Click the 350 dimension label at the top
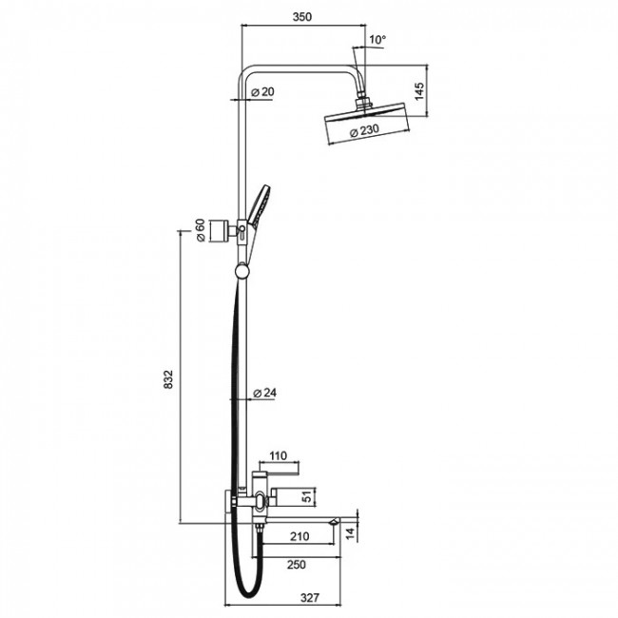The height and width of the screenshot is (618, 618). [302, 16]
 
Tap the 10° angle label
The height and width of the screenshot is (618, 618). [377, 39]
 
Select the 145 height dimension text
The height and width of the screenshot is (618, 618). [419, 90]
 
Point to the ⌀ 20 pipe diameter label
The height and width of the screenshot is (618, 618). [262, 92]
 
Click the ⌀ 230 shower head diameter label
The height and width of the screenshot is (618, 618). [364, 131]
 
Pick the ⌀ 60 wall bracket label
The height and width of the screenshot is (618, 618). [201, 230]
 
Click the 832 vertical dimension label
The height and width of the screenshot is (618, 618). [168, 379]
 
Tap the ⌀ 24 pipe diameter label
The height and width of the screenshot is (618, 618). [265, 393]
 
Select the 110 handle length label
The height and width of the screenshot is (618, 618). [279, 455]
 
